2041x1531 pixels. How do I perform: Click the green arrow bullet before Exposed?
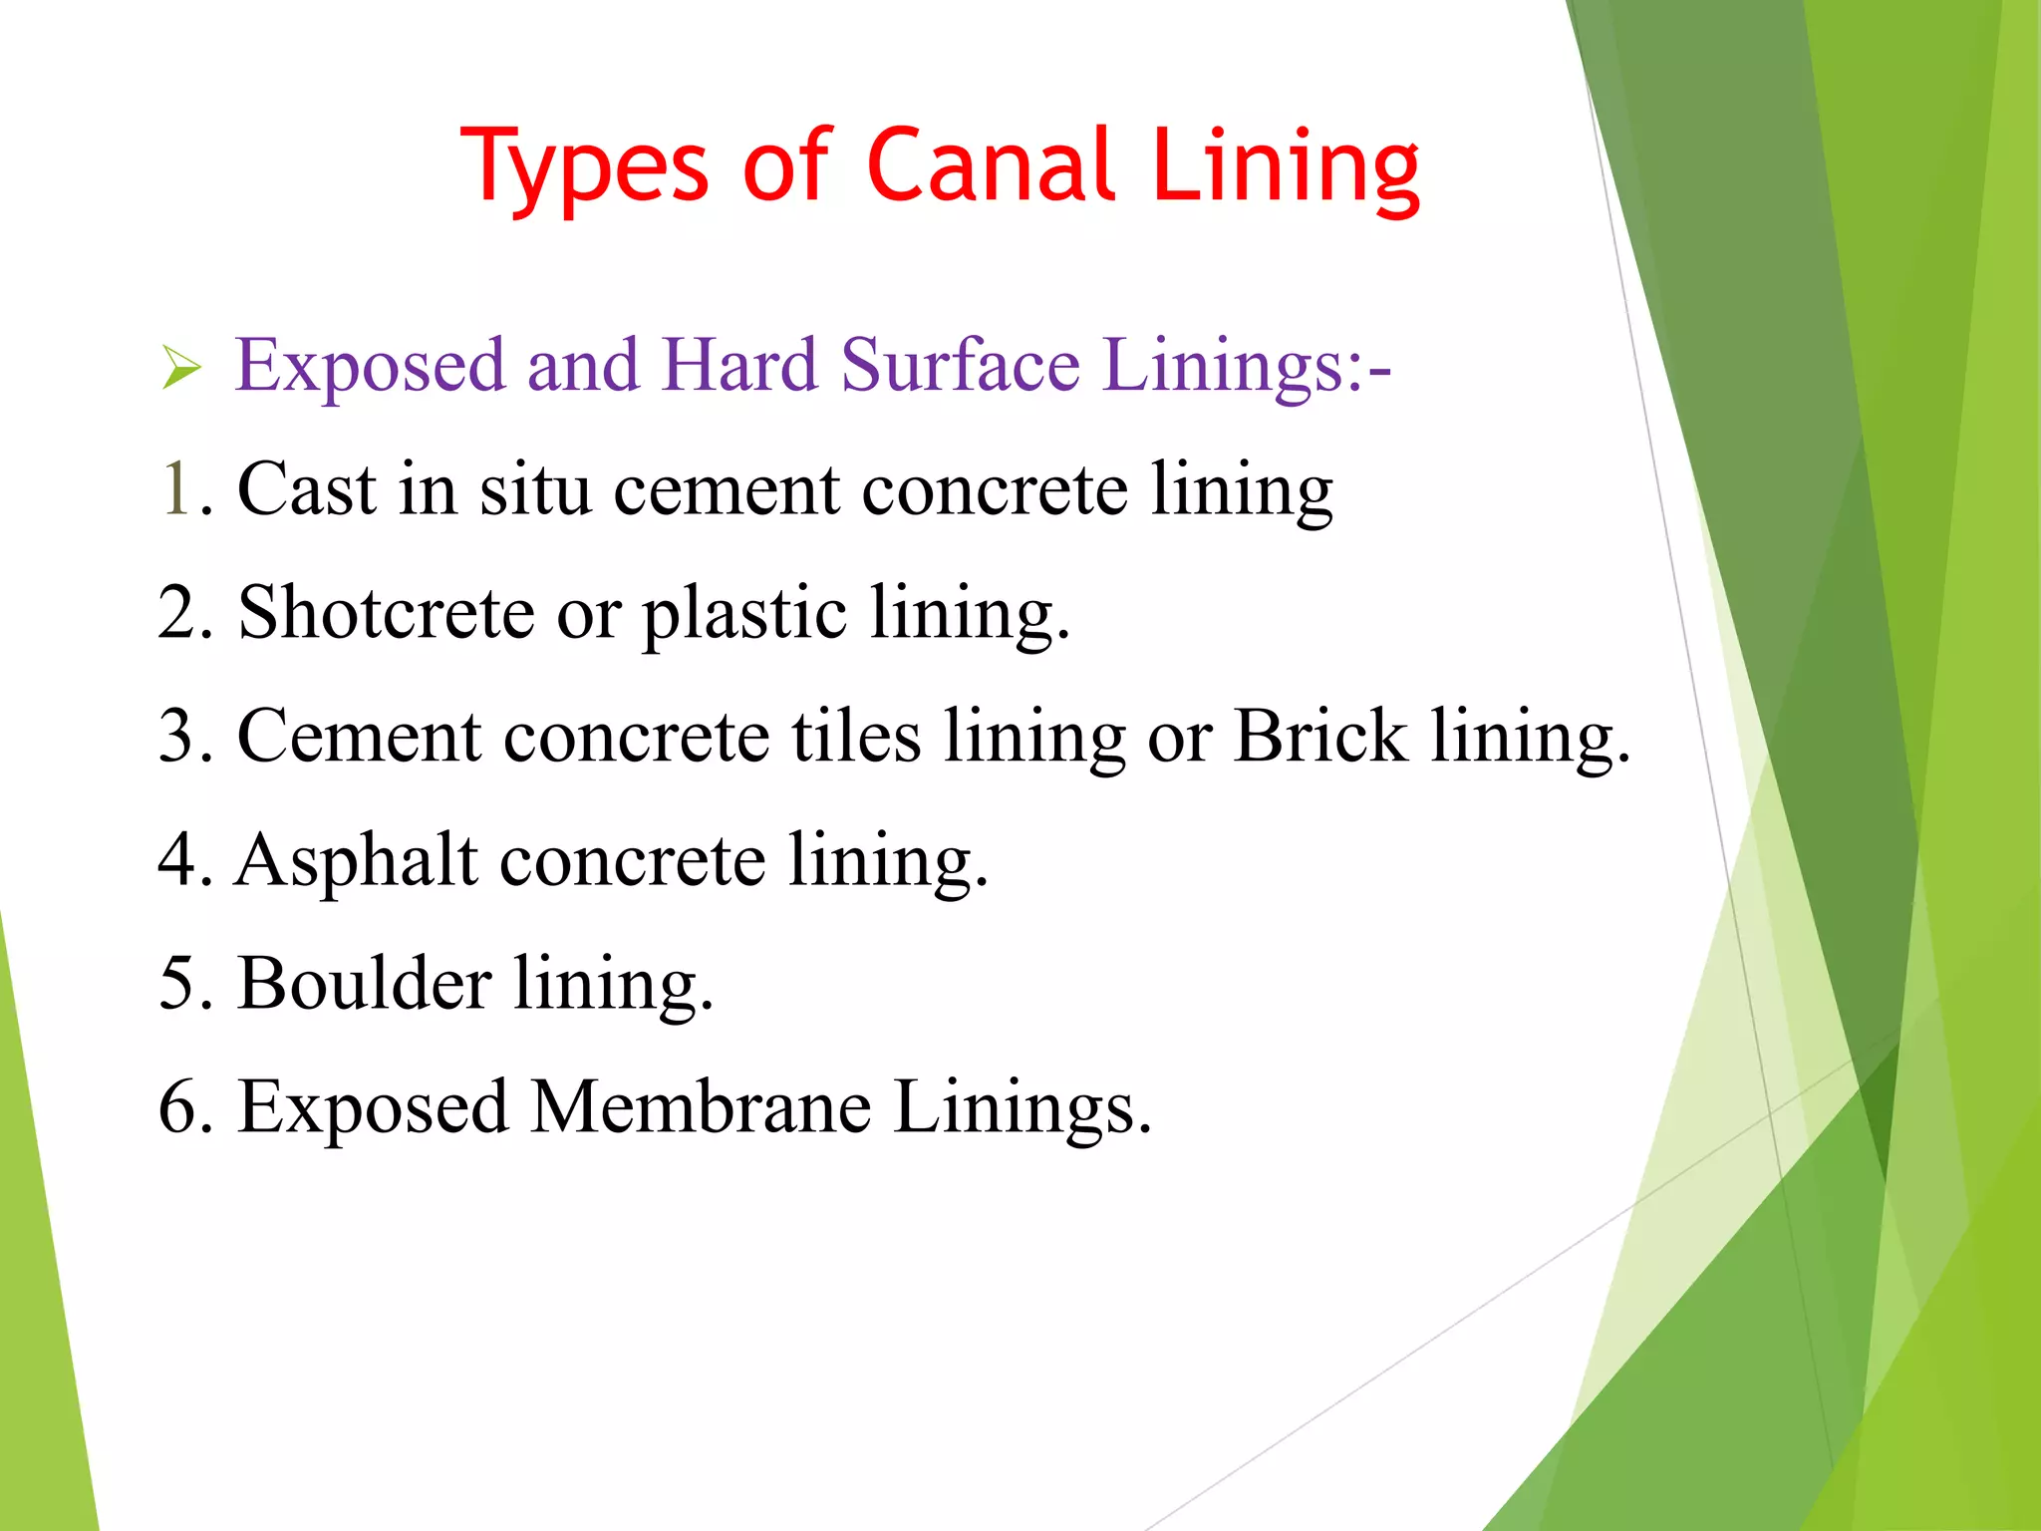point(181,369)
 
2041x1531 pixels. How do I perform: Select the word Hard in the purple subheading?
point(738,365)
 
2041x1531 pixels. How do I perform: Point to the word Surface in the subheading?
point(960,365)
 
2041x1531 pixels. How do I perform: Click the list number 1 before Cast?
point(175,489)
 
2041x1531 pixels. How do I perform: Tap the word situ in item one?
point(535,489)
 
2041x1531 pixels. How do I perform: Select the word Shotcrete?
point(386,612)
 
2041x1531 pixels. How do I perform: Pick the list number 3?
point(175,736)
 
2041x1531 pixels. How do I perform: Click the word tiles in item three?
point(856,736)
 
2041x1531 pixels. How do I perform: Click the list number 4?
point(175,859)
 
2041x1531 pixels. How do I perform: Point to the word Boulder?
point(365,983)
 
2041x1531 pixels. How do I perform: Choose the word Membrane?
point(700,1106)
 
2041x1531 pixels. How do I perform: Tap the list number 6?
point(175,1107)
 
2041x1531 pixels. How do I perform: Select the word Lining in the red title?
point(1286,167)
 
